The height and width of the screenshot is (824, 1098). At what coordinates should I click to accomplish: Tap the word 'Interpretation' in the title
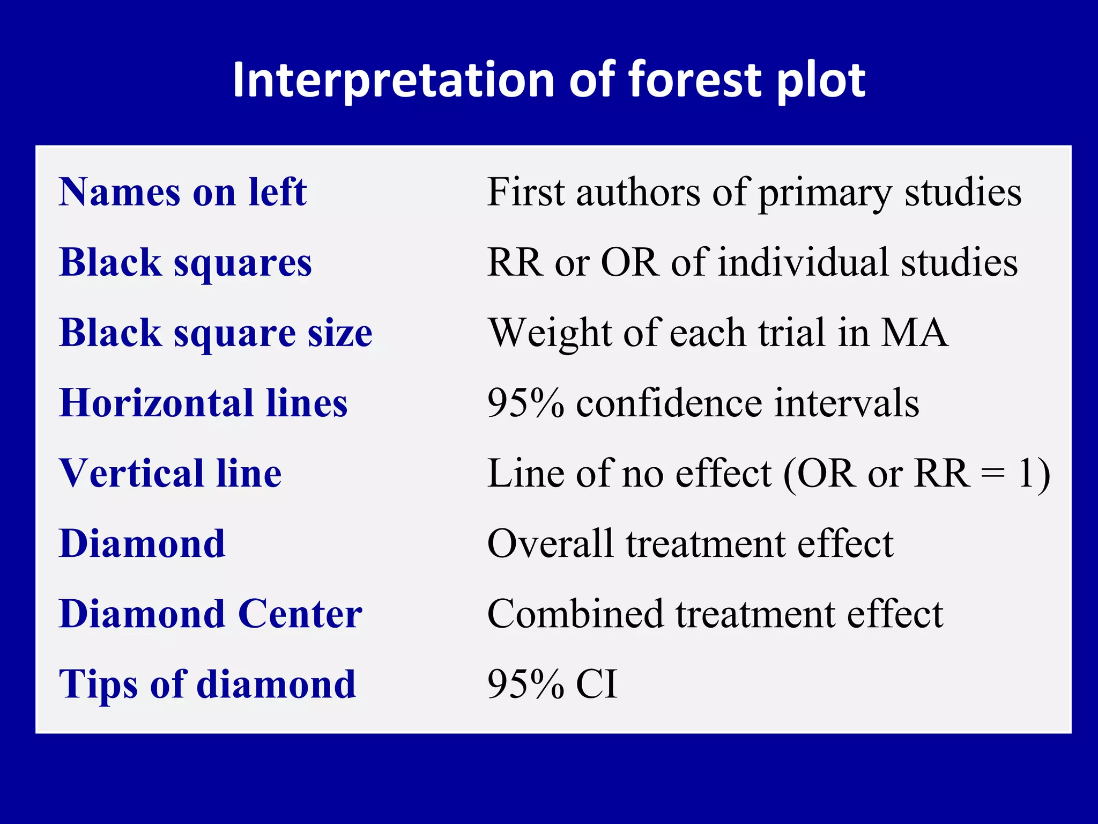click(x=394, y=80)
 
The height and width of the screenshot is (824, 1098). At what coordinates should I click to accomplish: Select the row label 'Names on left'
click(x=183, y=192)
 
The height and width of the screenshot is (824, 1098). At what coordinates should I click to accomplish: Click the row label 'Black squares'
click(x=186, y=263)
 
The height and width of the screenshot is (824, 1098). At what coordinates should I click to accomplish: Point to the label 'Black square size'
click(x=216, y=333)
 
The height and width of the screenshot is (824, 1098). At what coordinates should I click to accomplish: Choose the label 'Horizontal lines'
click(x=203, y=403)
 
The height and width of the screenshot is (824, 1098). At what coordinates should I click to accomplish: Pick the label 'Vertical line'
click(x=170, y=473)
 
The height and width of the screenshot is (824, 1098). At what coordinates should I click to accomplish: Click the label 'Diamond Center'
click(x=211, y=614)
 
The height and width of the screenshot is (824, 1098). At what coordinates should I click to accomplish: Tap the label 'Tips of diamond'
click(x=207, y=685)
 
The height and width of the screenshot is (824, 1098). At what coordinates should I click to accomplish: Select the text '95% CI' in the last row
click(x=552, y=685)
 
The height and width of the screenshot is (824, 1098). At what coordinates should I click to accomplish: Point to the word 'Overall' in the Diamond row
click(x=550, y=543)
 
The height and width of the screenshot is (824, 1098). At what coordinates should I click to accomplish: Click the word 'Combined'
click(x=575, y=614)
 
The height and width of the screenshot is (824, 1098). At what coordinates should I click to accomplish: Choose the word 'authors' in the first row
click(x=638, y=192)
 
